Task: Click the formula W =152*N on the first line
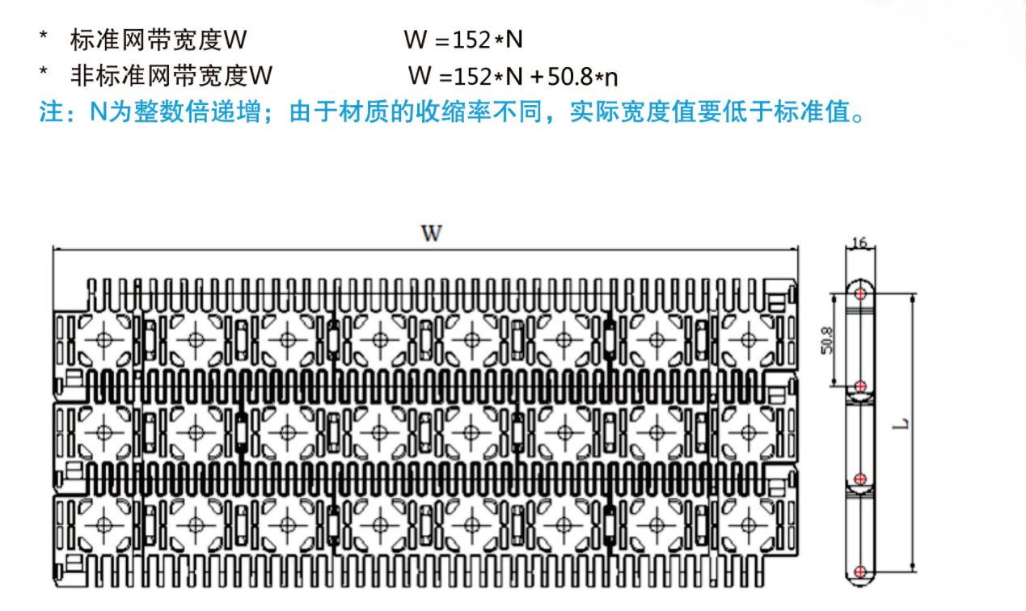[x=463, y=40]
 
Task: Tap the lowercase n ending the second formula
[x=611, y=78]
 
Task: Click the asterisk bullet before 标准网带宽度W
[x=44, y=36]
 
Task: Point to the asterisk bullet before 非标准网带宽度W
[x=44, y=72]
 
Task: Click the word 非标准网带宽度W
[x=171, y=76]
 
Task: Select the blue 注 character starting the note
[x=51, y=112]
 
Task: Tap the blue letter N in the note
[x=99, y=112]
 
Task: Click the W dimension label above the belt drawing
[x=432, y=233]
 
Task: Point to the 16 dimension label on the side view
[x=859, y=242]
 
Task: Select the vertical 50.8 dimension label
[x=827, y=340]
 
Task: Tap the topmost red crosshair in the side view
[x=860, y=293]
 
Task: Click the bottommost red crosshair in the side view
[x=860, y=571]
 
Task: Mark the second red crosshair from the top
[x=860, y=386]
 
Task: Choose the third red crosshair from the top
[x=860, y=479]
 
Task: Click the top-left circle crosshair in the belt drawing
[x=104, y=340]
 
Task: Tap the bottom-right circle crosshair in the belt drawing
[x=749, y=525]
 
